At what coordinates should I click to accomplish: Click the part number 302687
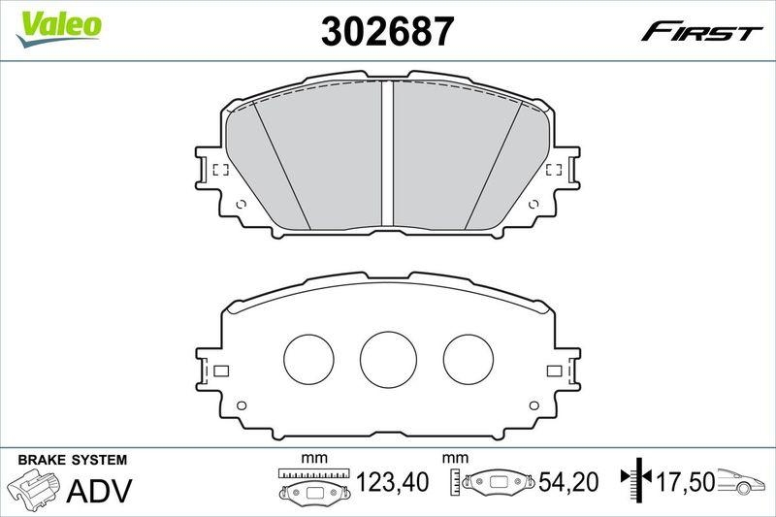(387, 33)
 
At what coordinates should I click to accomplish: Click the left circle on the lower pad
(308, 358)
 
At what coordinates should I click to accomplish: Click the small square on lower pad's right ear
(554, 371)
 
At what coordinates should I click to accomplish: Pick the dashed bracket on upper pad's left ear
(219, 170)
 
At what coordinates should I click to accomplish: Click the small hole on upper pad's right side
(534, 203)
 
